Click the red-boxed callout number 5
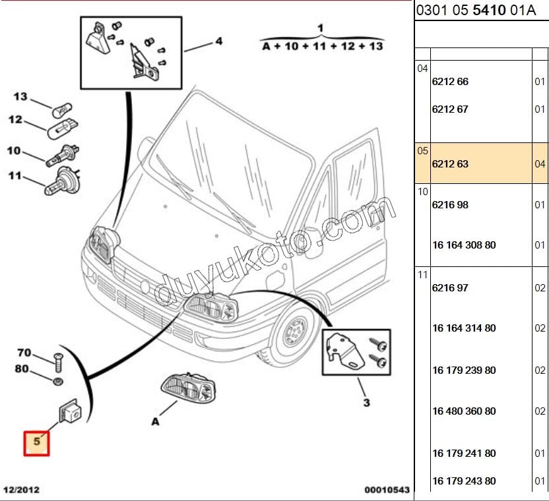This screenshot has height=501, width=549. point(37,443)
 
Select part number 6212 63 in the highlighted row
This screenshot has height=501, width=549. point(450,163)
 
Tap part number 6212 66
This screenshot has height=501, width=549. point(450,82)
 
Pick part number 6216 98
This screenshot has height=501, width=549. point(450,205)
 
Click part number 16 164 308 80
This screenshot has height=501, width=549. point(464,245)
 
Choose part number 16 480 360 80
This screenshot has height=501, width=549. point(464,411)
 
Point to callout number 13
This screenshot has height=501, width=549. point(20,97)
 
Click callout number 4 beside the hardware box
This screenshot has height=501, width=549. point(218,42)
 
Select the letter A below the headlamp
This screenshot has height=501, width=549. point(155,421)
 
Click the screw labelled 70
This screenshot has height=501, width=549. point(56,361)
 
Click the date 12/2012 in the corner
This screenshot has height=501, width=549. point(21,490)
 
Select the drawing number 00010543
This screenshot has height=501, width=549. point(387,490)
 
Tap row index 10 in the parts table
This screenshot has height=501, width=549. point(422,191)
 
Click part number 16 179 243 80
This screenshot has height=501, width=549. point(464,481)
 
